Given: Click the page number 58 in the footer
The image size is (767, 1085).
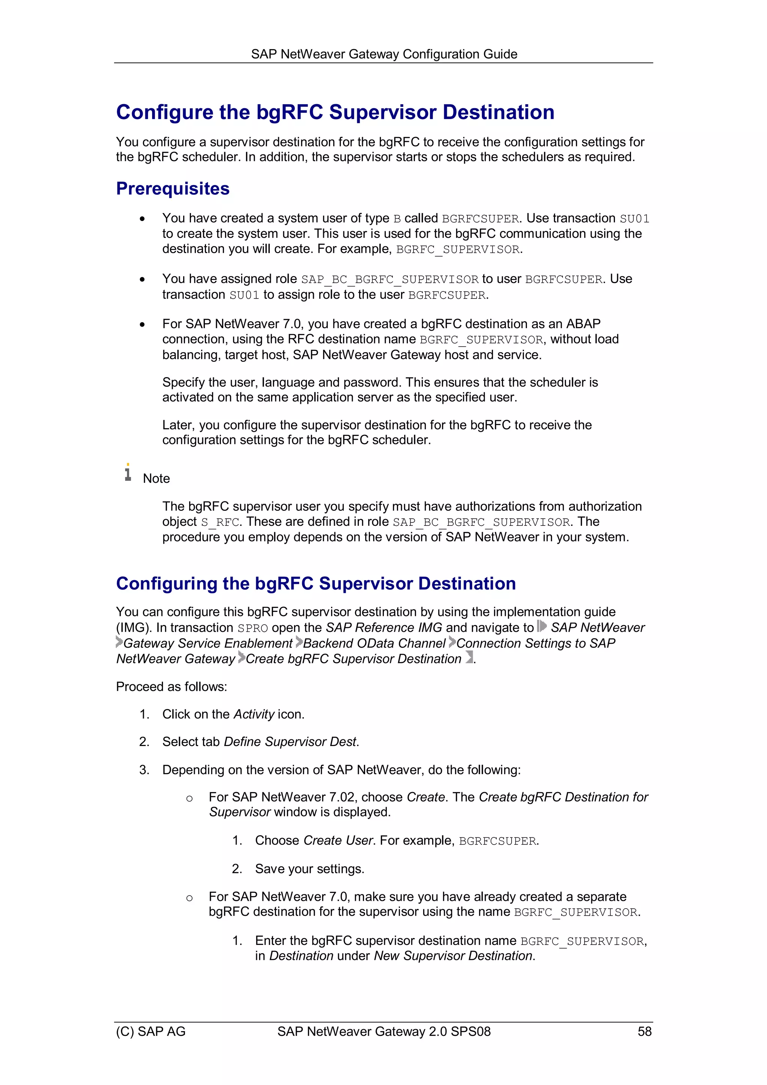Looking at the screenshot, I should click(644, 1031).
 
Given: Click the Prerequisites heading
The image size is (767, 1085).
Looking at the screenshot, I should click(173, 188).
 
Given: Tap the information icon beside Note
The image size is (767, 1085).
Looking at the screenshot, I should click(128, 473).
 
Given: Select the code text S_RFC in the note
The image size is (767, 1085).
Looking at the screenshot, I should click(220, 522).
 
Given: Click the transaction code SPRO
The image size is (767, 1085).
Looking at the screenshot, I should click(252, 628).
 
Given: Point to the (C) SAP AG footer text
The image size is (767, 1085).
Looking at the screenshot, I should click(151, 1031).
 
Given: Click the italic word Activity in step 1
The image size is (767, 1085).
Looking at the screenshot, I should click(254, 714).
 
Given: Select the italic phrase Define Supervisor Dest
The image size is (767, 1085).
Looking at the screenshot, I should click(290, 742).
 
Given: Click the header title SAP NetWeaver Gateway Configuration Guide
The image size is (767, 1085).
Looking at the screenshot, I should click(384, 54).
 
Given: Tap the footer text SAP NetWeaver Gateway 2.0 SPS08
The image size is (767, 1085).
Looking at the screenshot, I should click(384, 1031).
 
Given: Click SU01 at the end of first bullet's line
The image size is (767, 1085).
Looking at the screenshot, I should click(634, 219).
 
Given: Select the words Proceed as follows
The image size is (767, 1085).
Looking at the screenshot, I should click(171, 687).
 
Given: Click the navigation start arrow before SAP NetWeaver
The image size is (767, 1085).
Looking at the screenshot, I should click(542, 627).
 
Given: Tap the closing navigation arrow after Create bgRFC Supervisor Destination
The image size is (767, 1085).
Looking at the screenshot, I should click(469, 657).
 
